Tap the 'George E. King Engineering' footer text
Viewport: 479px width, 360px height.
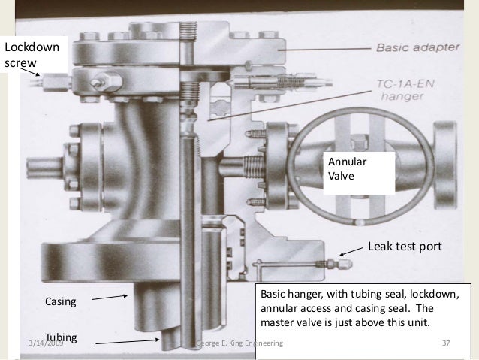coord(239,343)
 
